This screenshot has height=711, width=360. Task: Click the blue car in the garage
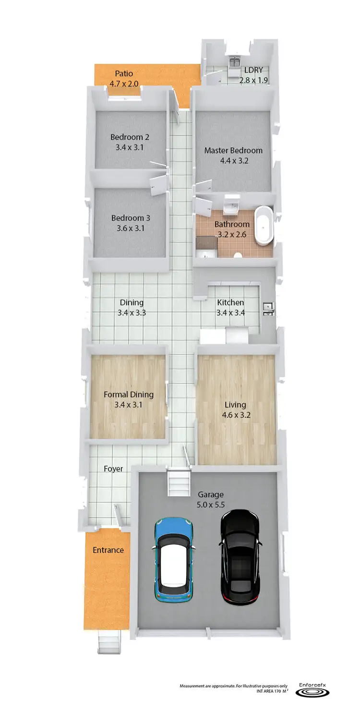174,559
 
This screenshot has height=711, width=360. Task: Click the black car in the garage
240,557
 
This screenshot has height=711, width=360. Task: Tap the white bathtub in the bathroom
263,226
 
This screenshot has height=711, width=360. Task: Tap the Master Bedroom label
233,150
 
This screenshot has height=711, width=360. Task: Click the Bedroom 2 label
130,137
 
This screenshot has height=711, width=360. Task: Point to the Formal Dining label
129,395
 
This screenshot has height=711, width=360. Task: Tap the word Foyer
113,469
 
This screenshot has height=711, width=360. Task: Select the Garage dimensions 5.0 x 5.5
211,505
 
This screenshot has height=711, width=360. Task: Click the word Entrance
108,550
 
